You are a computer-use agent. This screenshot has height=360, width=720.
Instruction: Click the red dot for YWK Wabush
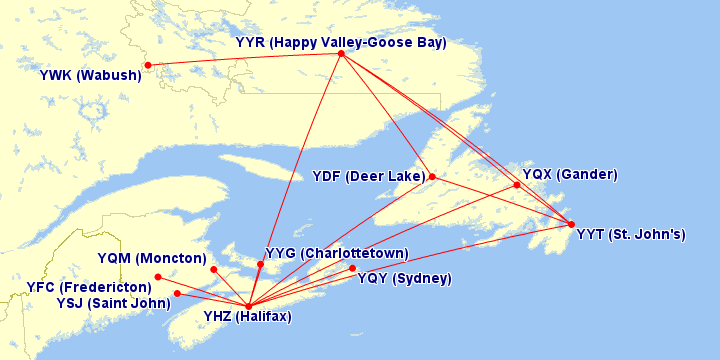point(148,65)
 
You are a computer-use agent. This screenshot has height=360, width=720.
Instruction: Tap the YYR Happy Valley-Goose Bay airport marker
point(341,53)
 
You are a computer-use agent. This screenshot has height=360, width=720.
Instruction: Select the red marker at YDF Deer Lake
point(432,177)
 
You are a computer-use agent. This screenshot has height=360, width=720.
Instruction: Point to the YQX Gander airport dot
point(517,185)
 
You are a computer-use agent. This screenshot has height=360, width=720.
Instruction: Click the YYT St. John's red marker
point(571,224)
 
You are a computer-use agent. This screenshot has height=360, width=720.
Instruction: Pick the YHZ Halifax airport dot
point(248,306)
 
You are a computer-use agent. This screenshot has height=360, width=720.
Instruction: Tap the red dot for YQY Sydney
point(353,268)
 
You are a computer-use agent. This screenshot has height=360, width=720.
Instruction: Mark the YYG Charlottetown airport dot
point(260,265)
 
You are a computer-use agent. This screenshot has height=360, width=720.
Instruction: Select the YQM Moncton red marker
point(214,269)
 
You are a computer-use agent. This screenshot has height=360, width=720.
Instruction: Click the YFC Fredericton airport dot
point(158,277)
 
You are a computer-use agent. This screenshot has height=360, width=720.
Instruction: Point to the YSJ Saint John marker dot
point(177,293)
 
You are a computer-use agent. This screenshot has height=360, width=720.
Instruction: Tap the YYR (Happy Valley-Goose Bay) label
point(340,42)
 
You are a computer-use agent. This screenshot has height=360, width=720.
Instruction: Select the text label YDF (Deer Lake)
point(367,177)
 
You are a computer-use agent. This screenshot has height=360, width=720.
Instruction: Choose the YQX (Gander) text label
point(570,174)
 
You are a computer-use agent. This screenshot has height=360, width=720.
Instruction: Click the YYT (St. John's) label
point(631,235)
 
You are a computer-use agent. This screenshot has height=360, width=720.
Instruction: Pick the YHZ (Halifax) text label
point(247,317)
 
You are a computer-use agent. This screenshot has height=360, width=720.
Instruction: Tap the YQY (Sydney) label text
point(404,278)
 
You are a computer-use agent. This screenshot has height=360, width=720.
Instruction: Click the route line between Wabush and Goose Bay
point(245,59)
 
